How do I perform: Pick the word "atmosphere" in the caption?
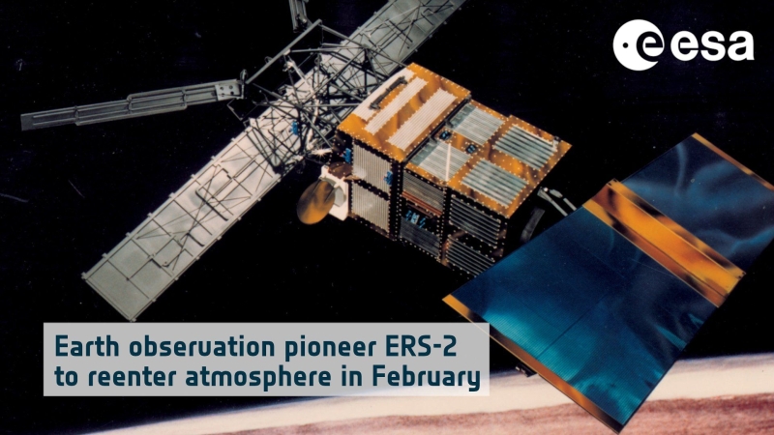(258, 378)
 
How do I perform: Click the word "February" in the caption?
(426, 378)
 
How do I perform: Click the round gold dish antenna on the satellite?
(316, 201)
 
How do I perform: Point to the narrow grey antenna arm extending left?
(131, 104)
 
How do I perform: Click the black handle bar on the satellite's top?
(389, 93)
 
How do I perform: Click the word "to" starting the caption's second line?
(66, 377)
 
